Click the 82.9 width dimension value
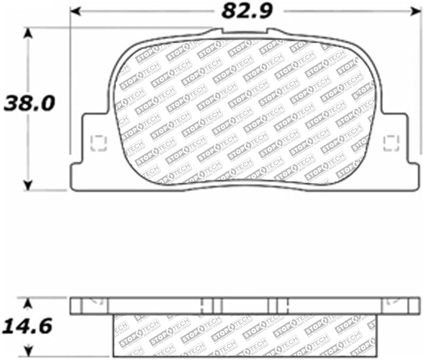[x=244, y=10]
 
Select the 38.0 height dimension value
[x=30, y=103]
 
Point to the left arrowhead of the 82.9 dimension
[x=75, y=10]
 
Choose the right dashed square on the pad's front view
[x=391, y=142]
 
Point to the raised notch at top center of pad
[x=244, y=32]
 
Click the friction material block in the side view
[x=244, y=334]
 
